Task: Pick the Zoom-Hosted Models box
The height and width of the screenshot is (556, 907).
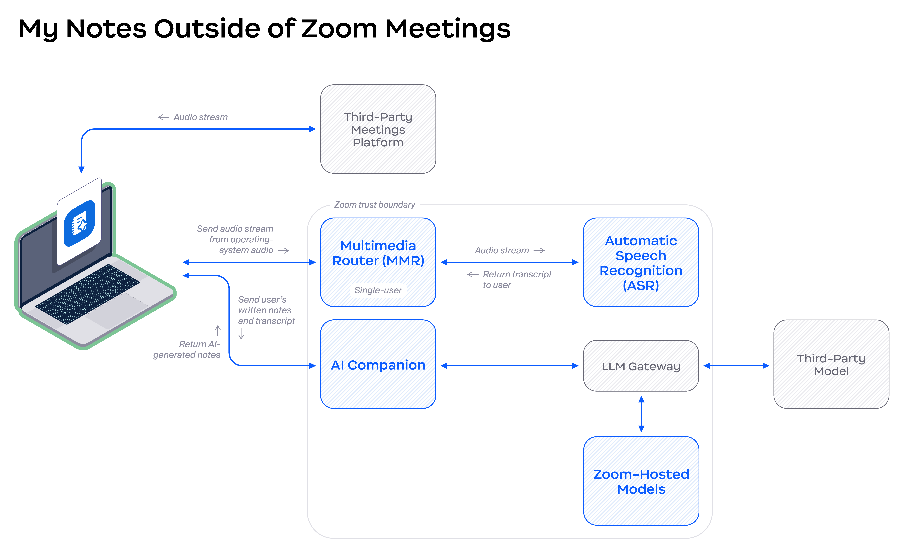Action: [641, 481]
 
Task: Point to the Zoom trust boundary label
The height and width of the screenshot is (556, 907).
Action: [374, 205]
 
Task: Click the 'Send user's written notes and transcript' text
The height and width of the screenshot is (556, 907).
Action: [266, 310]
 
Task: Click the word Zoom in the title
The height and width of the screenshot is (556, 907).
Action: [339, 29]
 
